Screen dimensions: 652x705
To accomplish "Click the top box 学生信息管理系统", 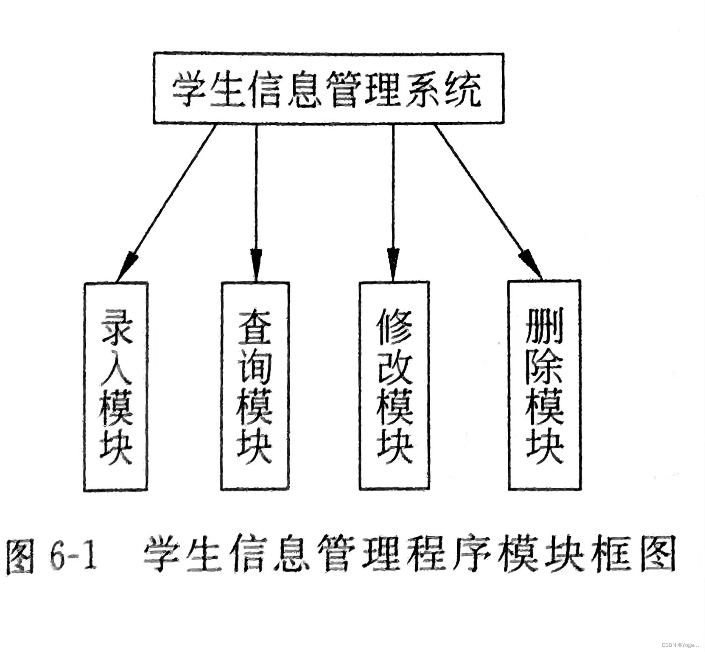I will click(x=328, y=88).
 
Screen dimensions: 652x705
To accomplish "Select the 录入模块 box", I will click(x=116, y=386).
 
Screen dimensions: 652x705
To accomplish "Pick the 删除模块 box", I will click(x=544, y=385).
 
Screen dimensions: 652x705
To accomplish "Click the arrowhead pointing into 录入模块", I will click(x=126, y=265).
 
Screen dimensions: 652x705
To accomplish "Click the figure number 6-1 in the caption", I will click(x=73, y=555).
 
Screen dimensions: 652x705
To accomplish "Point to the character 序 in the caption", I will click(x=470, y=555).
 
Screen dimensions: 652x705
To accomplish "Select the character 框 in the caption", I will click(x=609, y=555).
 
